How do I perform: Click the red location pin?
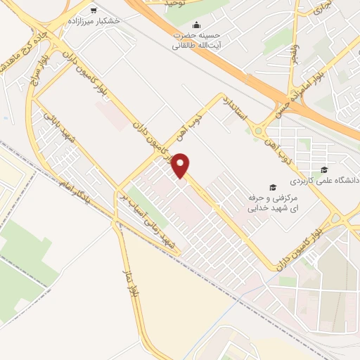pos(181,164)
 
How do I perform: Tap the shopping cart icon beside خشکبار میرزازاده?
pos(93,11)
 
